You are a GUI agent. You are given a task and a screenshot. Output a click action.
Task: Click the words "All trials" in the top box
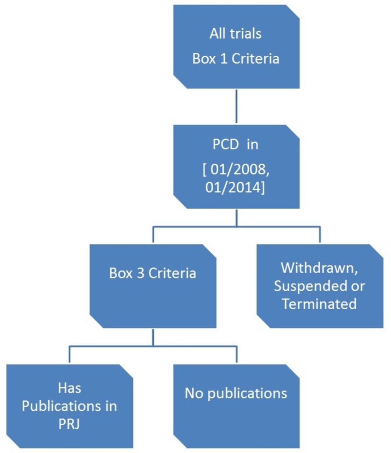click(x=235, y=34)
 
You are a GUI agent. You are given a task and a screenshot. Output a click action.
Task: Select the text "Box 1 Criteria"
click(x=236, y=59)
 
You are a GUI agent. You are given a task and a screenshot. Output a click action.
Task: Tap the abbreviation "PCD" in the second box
click(x=225, y=145)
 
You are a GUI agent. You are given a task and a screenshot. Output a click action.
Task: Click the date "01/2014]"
click(x=235, y=188)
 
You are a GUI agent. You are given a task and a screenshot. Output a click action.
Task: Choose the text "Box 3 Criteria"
click(x=153, y=273)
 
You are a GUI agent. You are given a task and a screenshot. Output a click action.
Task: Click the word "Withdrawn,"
click(x=320, y=268)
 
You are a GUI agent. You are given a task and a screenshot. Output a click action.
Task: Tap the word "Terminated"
click(x=320, y=304)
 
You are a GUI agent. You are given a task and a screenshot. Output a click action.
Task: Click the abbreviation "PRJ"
click(x=69, y=424)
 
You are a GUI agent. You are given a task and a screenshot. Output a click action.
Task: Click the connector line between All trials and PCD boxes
click(x=236, y=106)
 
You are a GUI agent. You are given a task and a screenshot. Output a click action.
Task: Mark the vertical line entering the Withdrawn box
click(x=320, y=234)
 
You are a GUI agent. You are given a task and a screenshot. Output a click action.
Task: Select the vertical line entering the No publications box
click(x=236, y=354)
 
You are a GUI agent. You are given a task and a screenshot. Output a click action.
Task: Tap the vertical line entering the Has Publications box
click(x=70, y=354)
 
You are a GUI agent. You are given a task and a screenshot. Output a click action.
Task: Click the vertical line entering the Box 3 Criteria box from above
click(x=153, y=234)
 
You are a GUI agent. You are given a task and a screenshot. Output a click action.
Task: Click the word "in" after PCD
click(x=253, y=145)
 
